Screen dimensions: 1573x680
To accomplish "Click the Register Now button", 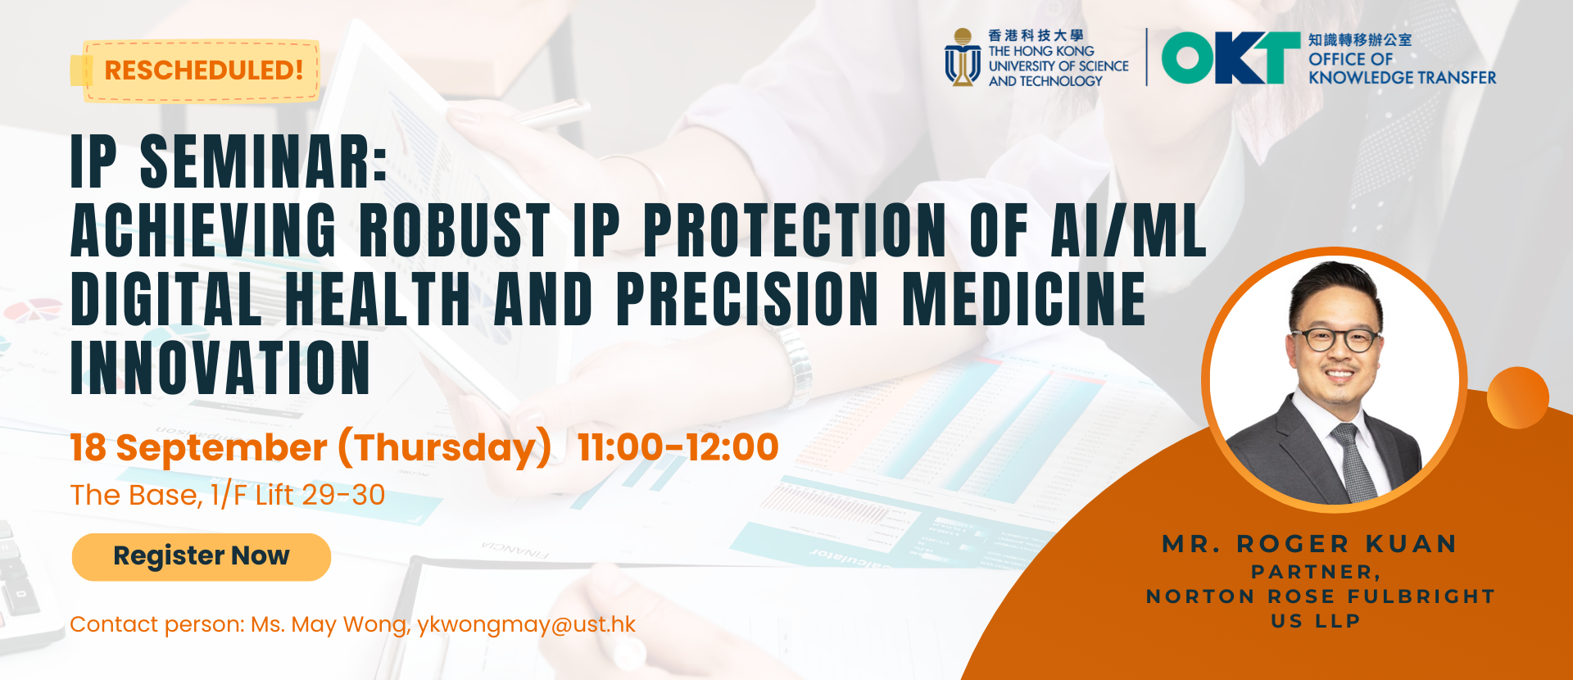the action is click(x=202, y=557).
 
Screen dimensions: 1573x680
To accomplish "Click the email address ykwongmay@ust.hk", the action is click(x=526, y=625).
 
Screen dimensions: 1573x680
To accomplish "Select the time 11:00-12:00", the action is click(x=678, y=447).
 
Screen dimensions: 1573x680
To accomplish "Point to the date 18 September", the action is click(x=199, y=448).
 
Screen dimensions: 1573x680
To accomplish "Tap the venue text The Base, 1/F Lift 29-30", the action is click(x=228, y=495).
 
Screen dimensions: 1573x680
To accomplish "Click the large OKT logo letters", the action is click(x=1231, y=58).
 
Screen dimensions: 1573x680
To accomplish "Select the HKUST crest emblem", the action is click(x=963, y=57).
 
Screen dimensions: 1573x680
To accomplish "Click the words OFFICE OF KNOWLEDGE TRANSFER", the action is click(x=1402, y=69).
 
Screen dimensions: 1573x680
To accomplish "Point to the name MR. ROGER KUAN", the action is click(x=1309, y=544).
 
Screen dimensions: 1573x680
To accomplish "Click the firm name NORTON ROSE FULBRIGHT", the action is click(x=1321, y=596).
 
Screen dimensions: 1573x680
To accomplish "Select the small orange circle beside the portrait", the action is click(x=1517, y=397).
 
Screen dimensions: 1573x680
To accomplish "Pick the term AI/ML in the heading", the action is click(x=1129, y=230).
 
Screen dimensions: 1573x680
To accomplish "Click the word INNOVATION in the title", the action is click(x=221, y=368).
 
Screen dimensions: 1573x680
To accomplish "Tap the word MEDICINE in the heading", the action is click(x=1024, y=298).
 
